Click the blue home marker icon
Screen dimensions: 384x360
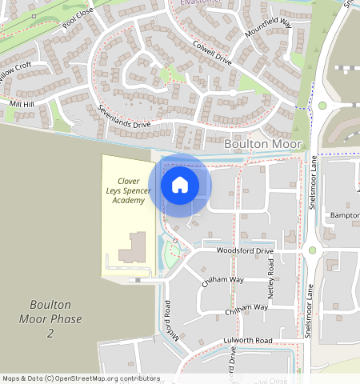180,185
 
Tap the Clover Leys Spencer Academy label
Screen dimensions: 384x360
128,191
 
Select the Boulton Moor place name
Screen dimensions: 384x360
264,144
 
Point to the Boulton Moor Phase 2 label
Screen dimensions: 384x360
50,318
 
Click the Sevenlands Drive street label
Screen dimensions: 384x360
124,115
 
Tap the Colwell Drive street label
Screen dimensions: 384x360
212,54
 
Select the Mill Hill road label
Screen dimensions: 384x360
22,105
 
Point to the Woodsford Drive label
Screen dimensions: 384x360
245,251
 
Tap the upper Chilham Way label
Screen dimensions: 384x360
223,280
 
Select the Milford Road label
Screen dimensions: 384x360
167,320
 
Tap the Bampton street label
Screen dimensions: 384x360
344,217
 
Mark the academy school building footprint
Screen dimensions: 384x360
133,248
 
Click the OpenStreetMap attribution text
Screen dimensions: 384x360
80,378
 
